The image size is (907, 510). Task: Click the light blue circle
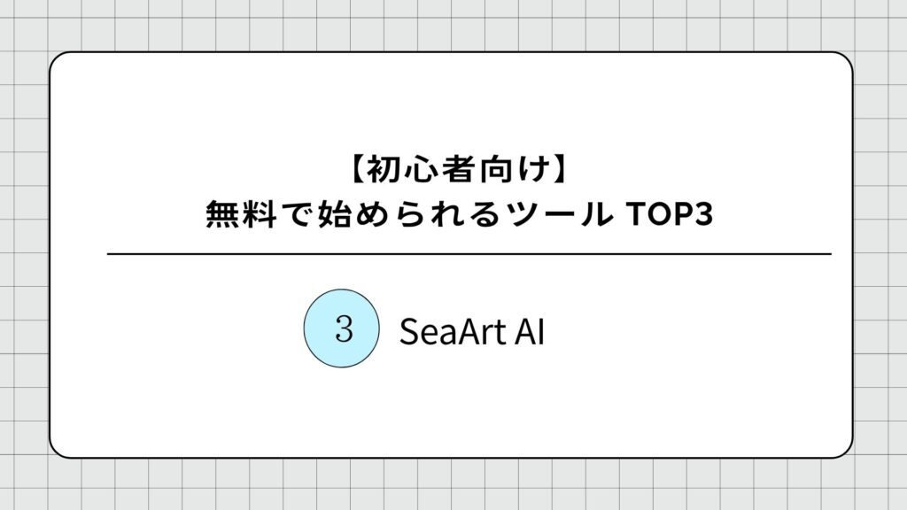(x=341, y=328)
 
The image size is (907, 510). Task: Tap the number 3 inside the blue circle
(x=344, y=329)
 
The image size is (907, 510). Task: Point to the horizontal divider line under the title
(x=469, y=254)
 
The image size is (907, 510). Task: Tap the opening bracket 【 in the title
(x=358, y=169)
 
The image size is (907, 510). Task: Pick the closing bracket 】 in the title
(x=561, y=169)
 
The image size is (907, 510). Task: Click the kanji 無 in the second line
(x=222, y=214)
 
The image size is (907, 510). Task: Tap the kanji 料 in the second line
(x=260, y=214)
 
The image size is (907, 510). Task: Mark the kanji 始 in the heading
(x=334, y=214)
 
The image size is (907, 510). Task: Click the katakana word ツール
(x=559, y=214)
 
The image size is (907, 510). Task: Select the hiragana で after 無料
(x=298, y=214)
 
